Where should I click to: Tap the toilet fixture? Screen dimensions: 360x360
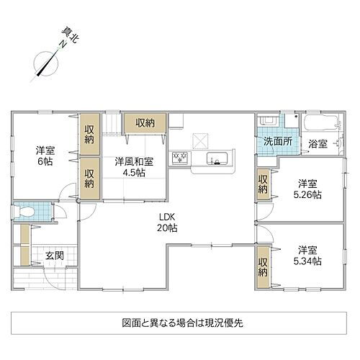tap(28, 213)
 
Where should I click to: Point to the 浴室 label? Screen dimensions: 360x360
tap(318, 143)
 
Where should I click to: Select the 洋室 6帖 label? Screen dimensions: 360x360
tap(46, 157)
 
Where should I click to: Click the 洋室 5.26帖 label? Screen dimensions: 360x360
tap(308, 189)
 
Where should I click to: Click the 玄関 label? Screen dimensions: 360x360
tap(55, 256)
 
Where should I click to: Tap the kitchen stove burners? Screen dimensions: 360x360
tap(179, 157)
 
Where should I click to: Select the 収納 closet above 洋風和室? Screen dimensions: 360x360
tap(145, 123)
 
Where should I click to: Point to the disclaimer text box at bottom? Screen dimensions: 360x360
tap(182, 323)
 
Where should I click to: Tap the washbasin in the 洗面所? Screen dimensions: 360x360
tap(267, 122)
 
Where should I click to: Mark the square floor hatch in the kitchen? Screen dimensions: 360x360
tap(199, 140)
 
